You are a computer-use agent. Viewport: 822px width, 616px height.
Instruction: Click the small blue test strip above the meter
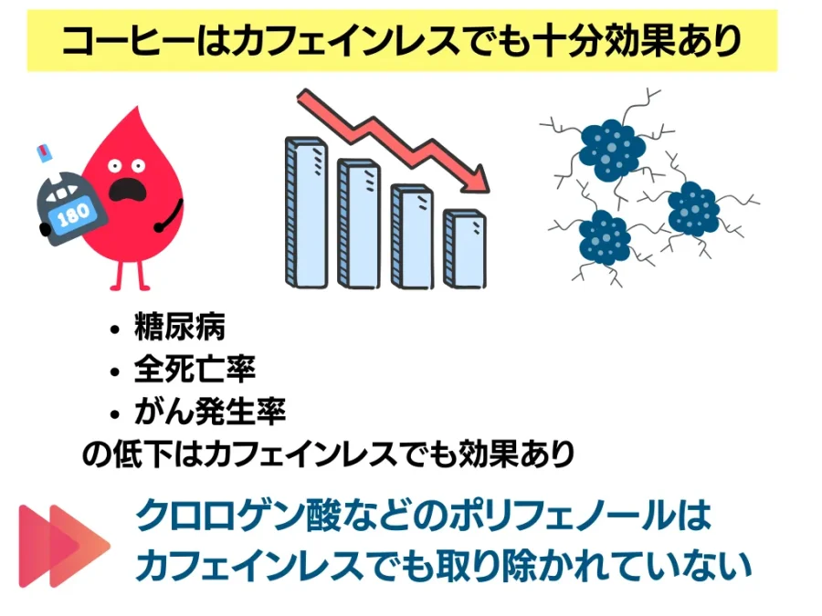tap(44, 151)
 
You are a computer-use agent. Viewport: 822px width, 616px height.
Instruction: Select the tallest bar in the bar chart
tap(306, 212)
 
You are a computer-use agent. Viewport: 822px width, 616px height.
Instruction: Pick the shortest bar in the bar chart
tap(465, 249)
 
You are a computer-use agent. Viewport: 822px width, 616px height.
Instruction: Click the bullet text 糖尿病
tap(180, 327)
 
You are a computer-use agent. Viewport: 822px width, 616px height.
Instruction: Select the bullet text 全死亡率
tap(195, 369)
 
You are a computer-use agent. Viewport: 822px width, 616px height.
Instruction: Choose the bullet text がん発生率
tap(210, 412)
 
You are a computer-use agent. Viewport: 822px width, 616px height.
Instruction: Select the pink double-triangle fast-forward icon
tap(64, 546)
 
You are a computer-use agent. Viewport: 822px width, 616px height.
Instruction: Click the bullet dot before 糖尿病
tap(115, 330)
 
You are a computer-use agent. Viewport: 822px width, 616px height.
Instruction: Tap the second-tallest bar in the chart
tap(359, 224)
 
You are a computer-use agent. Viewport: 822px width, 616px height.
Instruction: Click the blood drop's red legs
tap(130, 274)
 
